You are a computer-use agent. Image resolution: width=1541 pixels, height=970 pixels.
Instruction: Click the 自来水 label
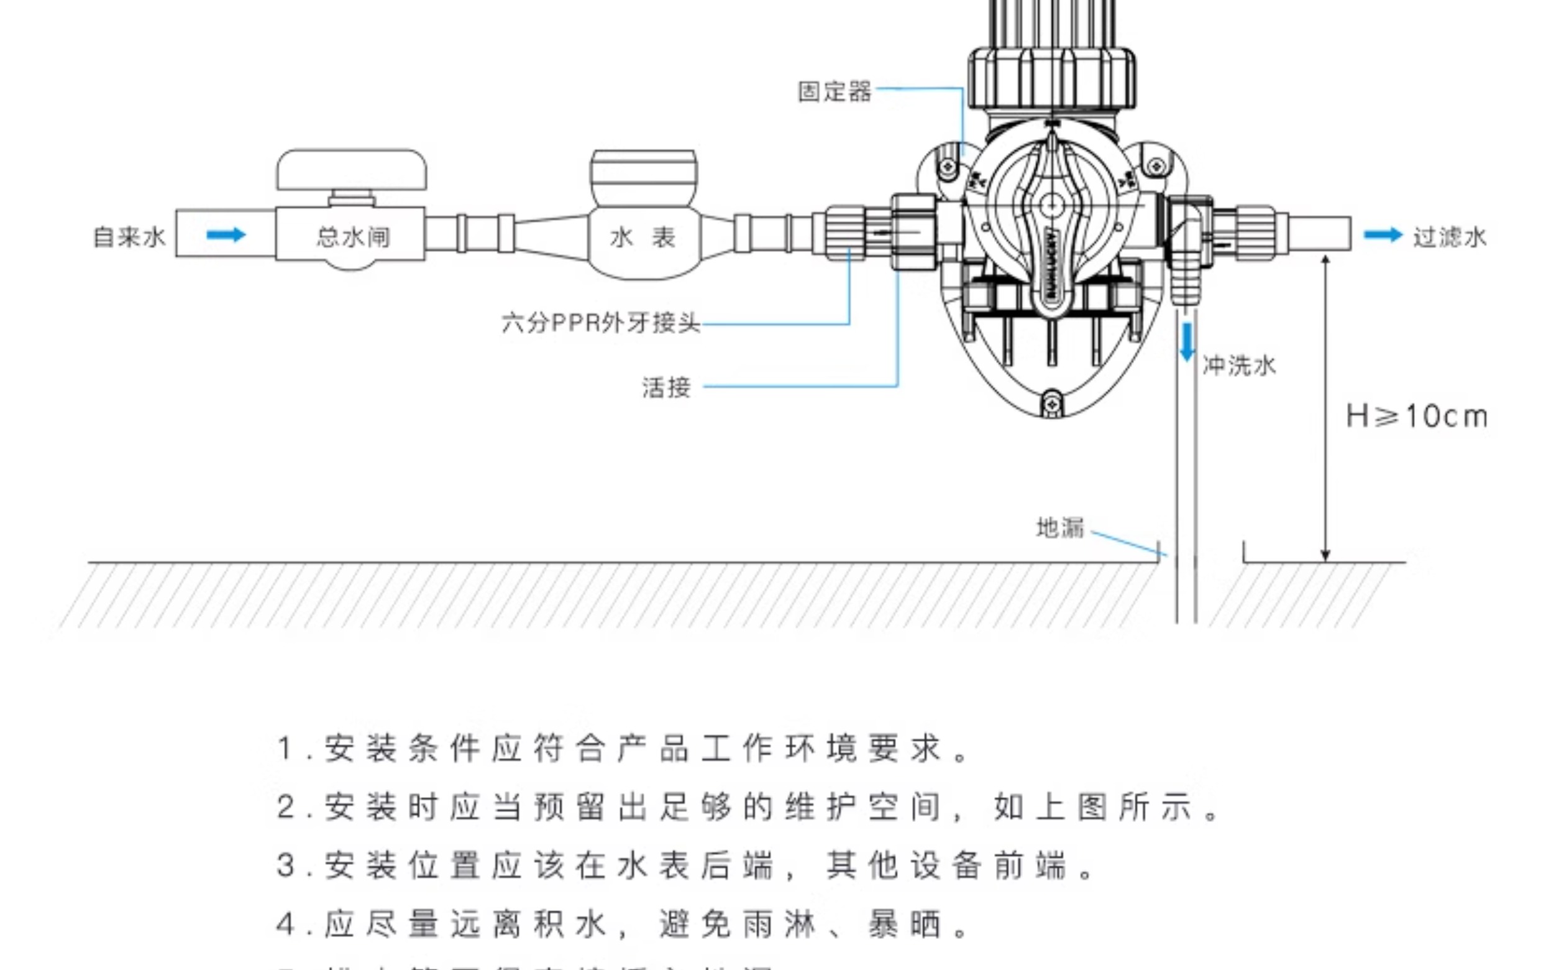129,237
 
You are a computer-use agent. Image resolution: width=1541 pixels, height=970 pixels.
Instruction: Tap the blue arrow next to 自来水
226,235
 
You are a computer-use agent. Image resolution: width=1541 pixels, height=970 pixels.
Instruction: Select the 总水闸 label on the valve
352,237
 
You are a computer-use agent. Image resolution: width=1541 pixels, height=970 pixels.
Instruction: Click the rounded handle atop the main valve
352,170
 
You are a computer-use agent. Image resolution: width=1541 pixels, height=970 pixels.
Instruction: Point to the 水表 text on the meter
642,238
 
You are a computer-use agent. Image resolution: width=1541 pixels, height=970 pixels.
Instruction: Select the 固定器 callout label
835,91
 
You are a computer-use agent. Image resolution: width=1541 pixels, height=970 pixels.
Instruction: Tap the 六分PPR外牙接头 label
600,323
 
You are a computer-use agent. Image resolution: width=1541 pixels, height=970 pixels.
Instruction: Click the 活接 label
666,387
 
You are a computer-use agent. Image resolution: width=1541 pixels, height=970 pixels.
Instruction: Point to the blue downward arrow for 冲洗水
1187,342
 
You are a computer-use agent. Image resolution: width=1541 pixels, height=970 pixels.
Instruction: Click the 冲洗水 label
1239,366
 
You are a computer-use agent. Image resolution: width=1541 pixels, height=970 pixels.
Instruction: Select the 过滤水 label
1450,237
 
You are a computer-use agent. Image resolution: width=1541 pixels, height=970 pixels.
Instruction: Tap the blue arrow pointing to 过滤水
1383,235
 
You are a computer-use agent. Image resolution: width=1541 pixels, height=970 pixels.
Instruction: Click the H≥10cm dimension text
1417,417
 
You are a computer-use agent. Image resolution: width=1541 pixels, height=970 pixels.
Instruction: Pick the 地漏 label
1061,527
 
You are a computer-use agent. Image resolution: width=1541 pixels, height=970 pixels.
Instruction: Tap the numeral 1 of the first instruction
285,749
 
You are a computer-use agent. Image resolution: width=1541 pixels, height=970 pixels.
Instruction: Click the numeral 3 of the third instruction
285,866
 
